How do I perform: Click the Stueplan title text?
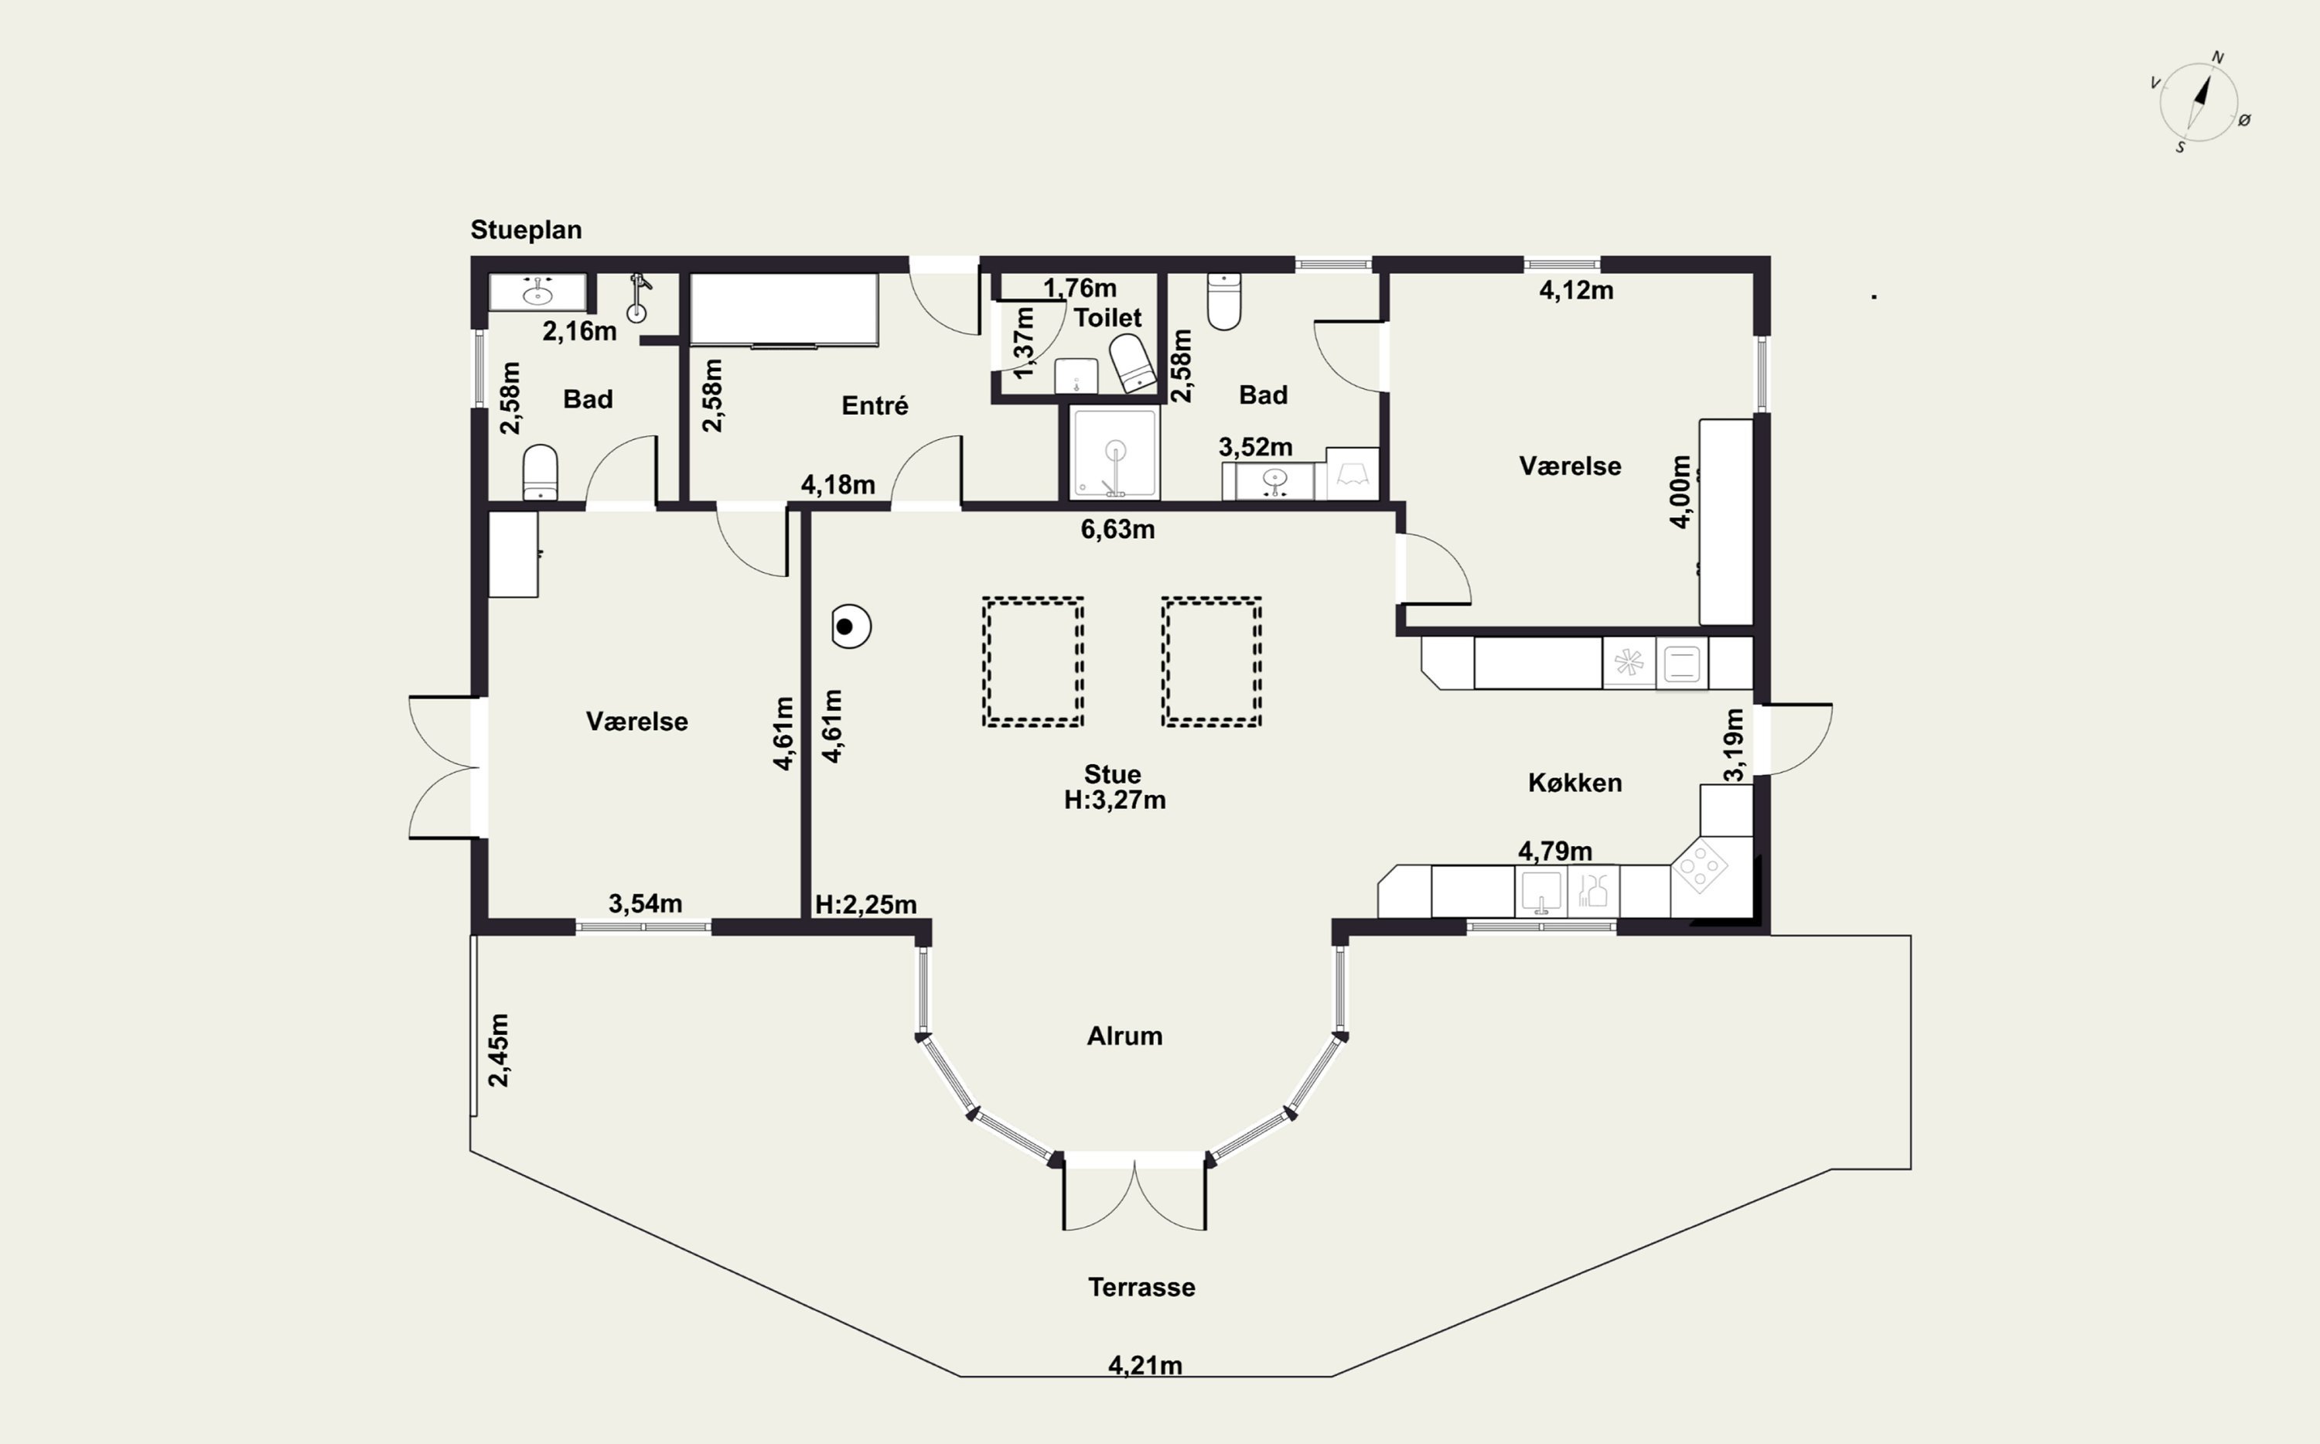526,230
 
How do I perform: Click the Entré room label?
875,406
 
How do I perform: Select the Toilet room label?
1107,317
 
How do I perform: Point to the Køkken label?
1575,783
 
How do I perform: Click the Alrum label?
1124,1036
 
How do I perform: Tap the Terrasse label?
1142,1287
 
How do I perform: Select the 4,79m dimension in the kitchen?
1555,850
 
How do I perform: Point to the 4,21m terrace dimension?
1145,1366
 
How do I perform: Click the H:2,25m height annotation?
866,904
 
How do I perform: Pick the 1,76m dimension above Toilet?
1079,288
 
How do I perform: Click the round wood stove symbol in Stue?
850,627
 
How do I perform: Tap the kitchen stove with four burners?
1701,866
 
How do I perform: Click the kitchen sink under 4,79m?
1540,892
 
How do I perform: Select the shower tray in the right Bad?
1114,452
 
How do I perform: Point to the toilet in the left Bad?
541,472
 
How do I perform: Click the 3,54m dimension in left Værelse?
646,903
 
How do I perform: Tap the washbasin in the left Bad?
537,292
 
